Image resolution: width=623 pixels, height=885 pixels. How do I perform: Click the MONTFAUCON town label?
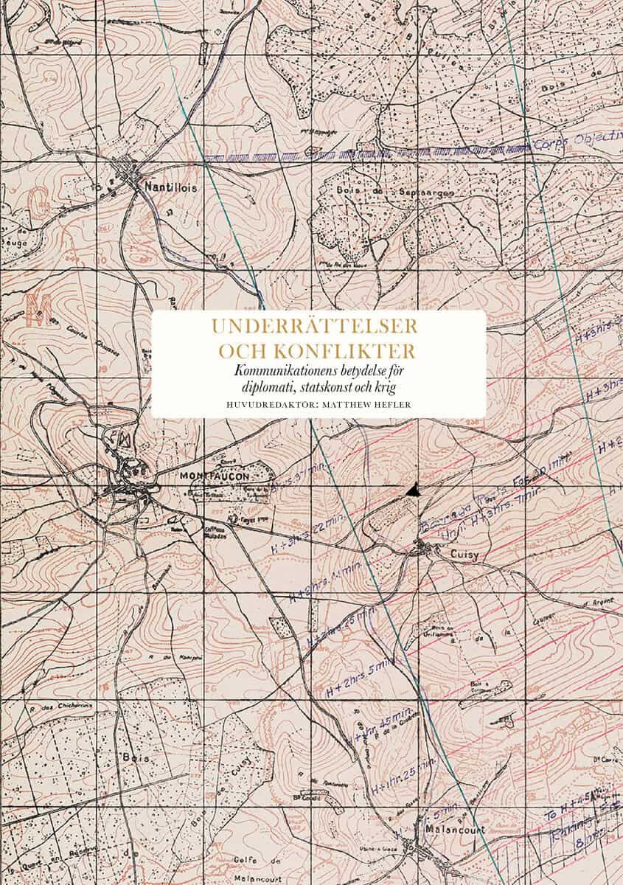[215, 476]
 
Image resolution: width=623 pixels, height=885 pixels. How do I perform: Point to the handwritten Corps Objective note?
[580, 144]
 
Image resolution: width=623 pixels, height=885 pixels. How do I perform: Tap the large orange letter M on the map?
[33, 309]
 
